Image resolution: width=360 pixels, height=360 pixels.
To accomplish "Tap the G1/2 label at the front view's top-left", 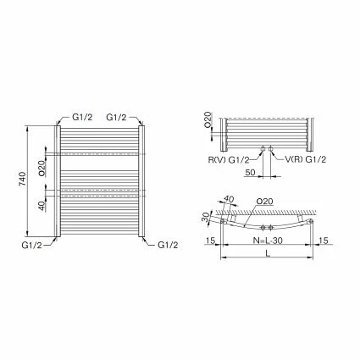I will coord(81,117).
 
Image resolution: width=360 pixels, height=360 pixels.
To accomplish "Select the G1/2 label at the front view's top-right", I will coord(118,117).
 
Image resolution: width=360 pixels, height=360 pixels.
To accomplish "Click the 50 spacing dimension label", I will coord(250,172).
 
